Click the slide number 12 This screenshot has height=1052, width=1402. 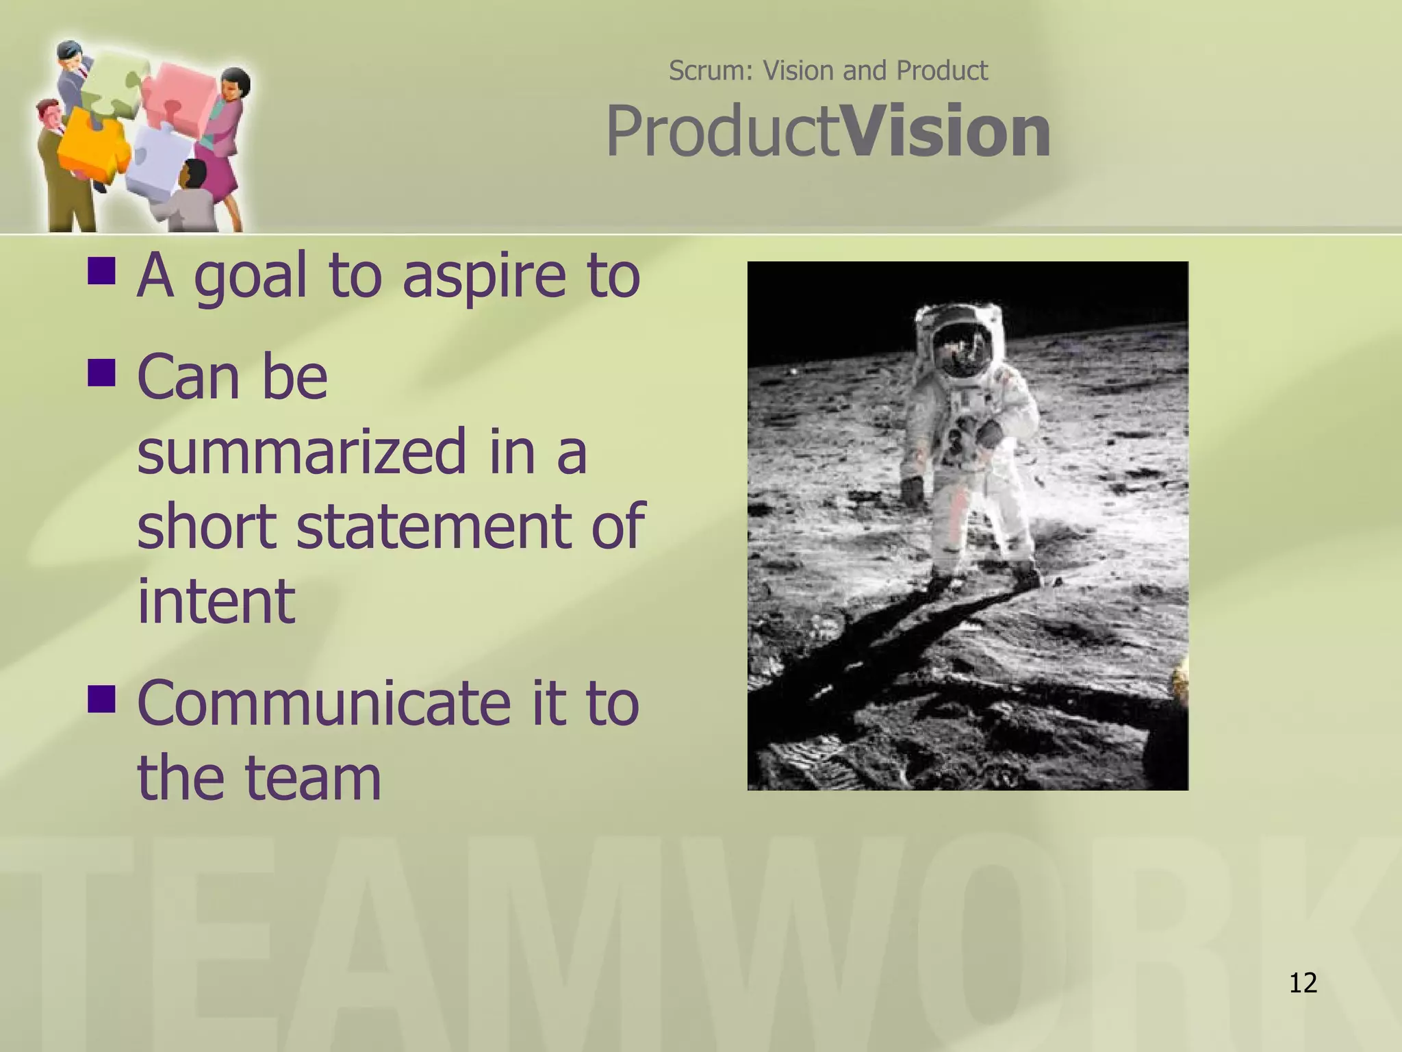pyautogui.click(x=1303, y=983)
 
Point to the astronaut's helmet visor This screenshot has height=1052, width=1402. pyautogui.click(x=963, y=350)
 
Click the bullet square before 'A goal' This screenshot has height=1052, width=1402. pyautogui.click(x=101, y=271)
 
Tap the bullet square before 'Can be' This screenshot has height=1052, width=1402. pyautogui.click(x=101, y=373)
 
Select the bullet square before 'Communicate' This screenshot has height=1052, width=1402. pyautogui.click(x=101, y=699)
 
